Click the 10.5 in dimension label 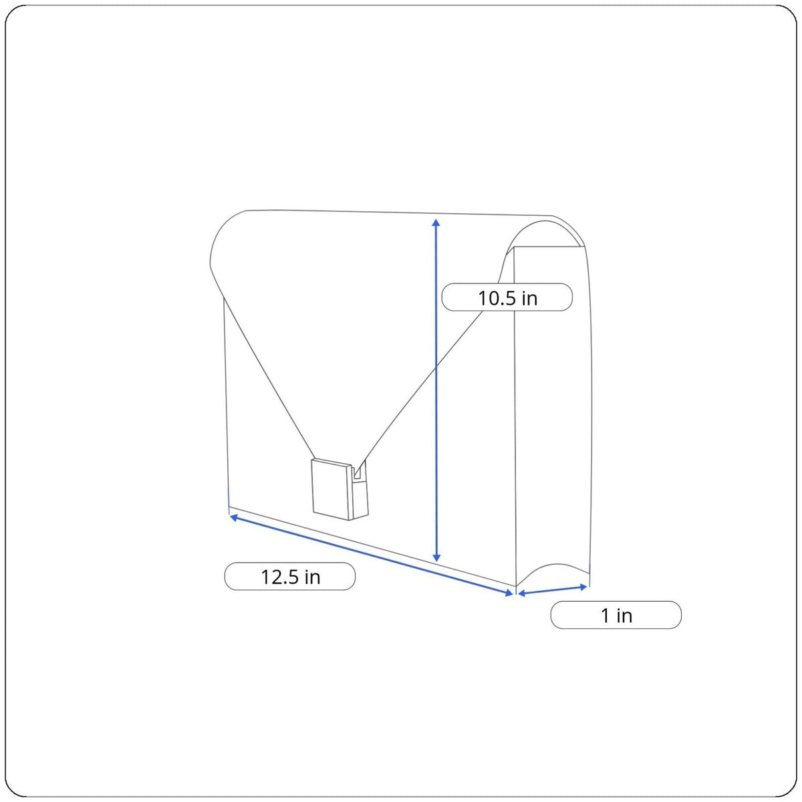[x=507, y=297]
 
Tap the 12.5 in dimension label [x=289, y=576]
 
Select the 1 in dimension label [x=616, y=615]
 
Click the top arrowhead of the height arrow [x=436, y=223]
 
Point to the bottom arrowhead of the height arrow [x=436, y=557]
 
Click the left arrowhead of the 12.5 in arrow [x=234, y=517]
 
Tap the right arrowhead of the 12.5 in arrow [x=509, y=593]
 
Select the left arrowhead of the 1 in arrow [x=521, y=593]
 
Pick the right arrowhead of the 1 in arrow [x=583, y=587]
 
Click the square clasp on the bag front [x=331, y=489]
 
